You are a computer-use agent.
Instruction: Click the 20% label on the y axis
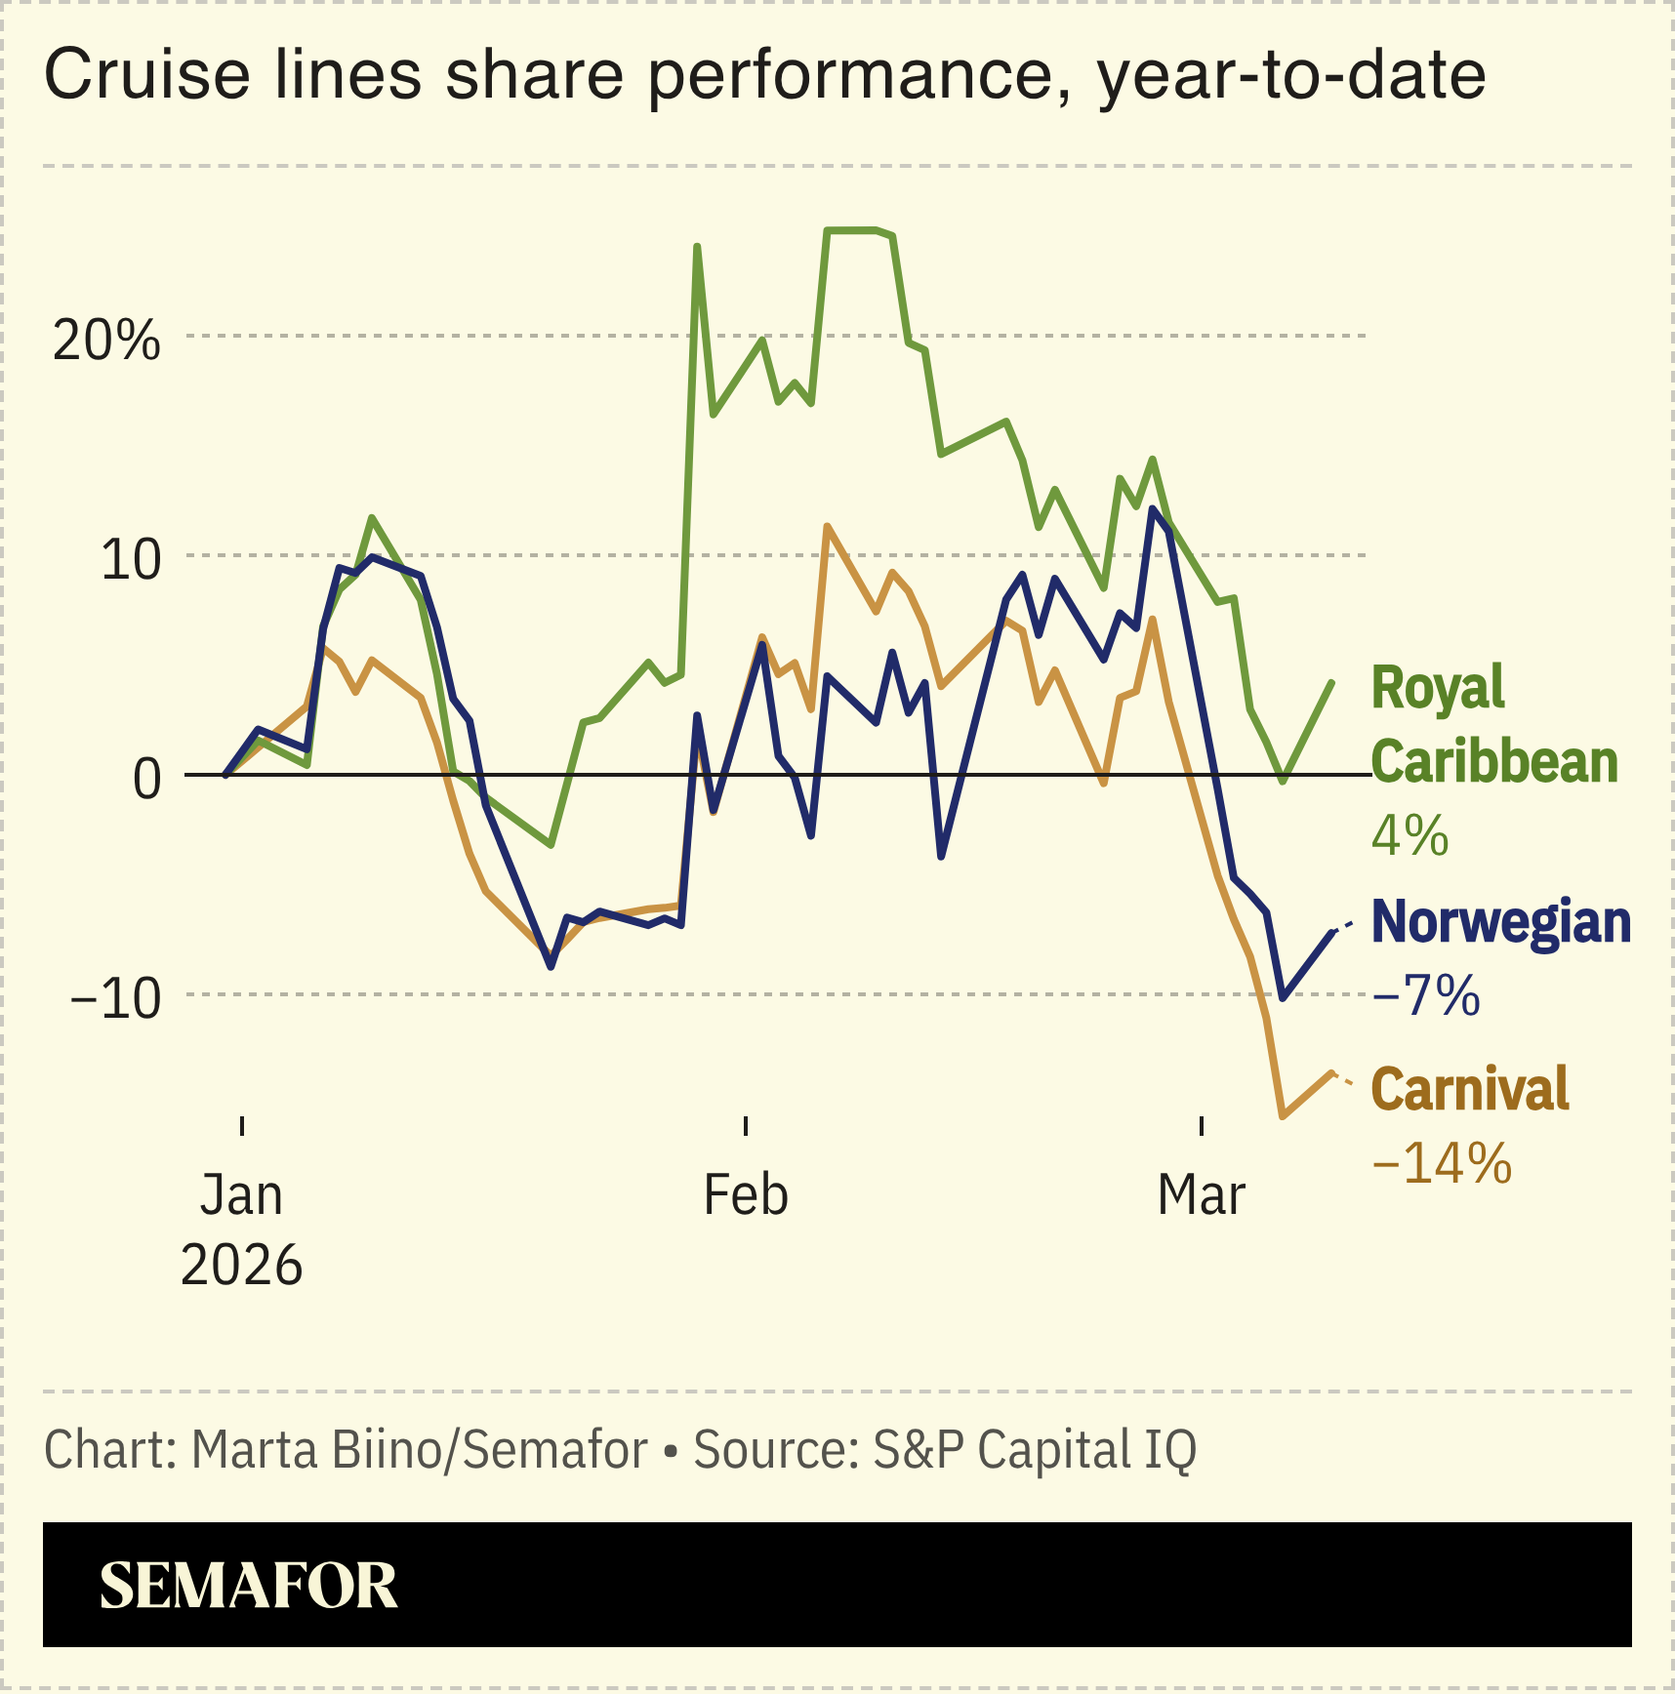coord(105,341)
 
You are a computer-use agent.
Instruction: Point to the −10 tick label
coord(115,998)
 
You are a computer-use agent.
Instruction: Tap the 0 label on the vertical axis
coord(146,779)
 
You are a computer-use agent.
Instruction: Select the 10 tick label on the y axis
coord(130,560)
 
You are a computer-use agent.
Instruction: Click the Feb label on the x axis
coord(746,1194)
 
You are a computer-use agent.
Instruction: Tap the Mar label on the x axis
coord(1201,1194)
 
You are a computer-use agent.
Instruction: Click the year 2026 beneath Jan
coord(241,1266)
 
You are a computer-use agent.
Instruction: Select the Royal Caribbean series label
coord(1493,724)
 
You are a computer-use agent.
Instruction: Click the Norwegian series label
coord(1500,921)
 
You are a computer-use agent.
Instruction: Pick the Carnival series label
coord(1469,1088)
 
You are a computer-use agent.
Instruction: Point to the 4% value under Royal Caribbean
coord(1409,835)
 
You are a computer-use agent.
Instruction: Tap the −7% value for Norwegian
coord(1425,995)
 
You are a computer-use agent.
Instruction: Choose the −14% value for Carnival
coord(1441,1162)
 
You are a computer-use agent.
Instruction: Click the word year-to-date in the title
coord(1290,76)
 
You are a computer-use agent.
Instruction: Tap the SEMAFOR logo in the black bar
coord(248,1586)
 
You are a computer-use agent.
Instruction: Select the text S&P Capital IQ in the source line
coord(1034,1449)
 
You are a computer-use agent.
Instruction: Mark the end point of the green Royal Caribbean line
coord(1331,682)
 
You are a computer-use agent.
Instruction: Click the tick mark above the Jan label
coord(242,1125)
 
